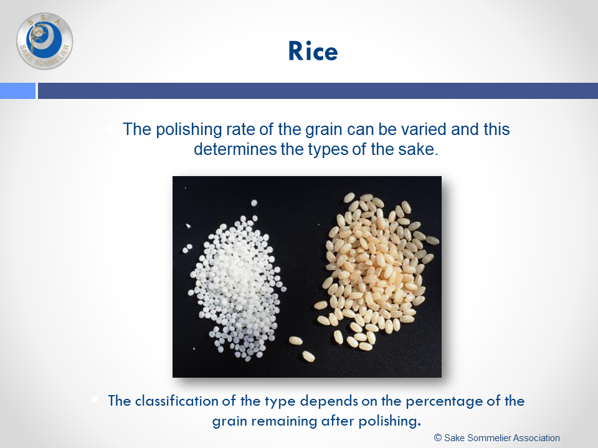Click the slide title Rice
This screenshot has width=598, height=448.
(313, 51)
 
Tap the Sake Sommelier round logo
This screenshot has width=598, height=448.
(45, 41)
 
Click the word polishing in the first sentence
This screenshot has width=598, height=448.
(189, 129)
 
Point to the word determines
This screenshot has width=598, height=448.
(235, 149)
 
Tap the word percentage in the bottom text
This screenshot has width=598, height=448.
(443, 402)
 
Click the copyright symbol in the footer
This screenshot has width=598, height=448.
(438, 437)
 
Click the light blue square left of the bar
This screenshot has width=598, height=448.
(17, 91)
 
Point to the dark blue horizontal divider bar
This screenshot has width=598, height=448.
(318, 91)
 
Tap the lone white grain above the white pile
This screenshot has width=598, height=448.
(254, 203)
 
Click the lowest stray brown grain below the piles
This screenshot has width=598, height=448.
(308, 356)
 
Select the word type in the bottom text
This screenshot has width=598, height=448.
(280, 402)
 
